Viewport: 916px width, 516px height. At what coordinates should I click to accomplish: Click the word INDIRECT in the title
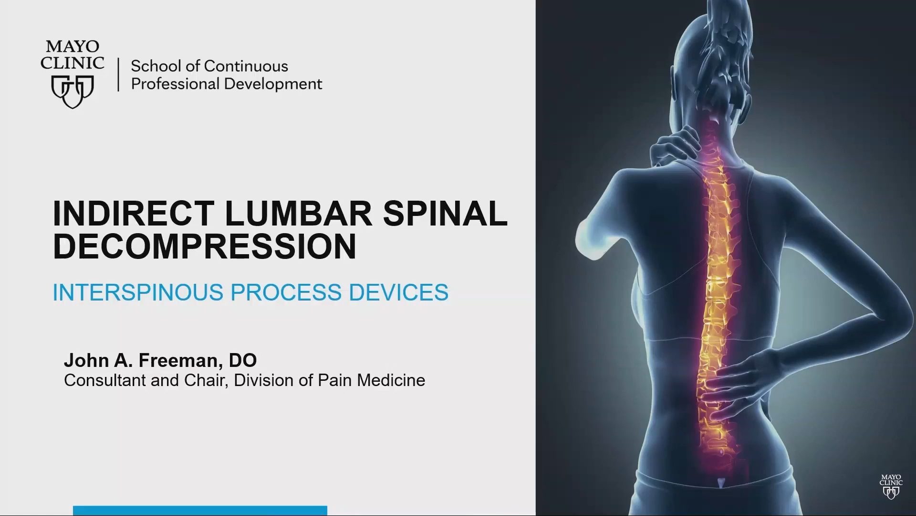pyautogui.click(x=133, y=213)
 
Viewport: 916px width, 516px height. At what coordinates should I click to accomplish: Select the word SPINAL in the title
pyautogui.click(x=446, y=213)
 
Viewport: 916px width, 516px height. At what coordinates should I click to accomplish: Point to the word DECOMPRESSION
pyautogui.click(x=205, y=247)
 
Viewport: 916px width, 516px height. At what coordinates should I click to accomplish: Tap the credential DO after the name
pyautogui.click(x=243, y=360)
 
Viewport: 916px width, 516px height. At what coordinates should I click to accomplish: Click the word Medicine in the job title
pyautogui.click(x=391, y=380)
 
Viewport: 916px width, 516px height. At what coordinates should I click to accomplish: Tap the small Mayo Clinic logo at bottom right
pyautogui.click(x=891, y=486)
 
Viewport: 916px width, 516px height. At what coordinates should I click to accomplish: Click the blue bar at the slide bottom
pyautogui.click(x=200, y=511)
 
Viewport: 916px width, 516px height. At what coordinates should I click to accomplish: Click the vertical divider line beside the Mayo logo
pyautogui.click(x=118, y=75)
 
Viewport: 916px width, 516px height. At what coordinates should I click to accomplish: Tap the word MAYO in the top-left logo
pyautogui.click(x=73, y=46)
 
